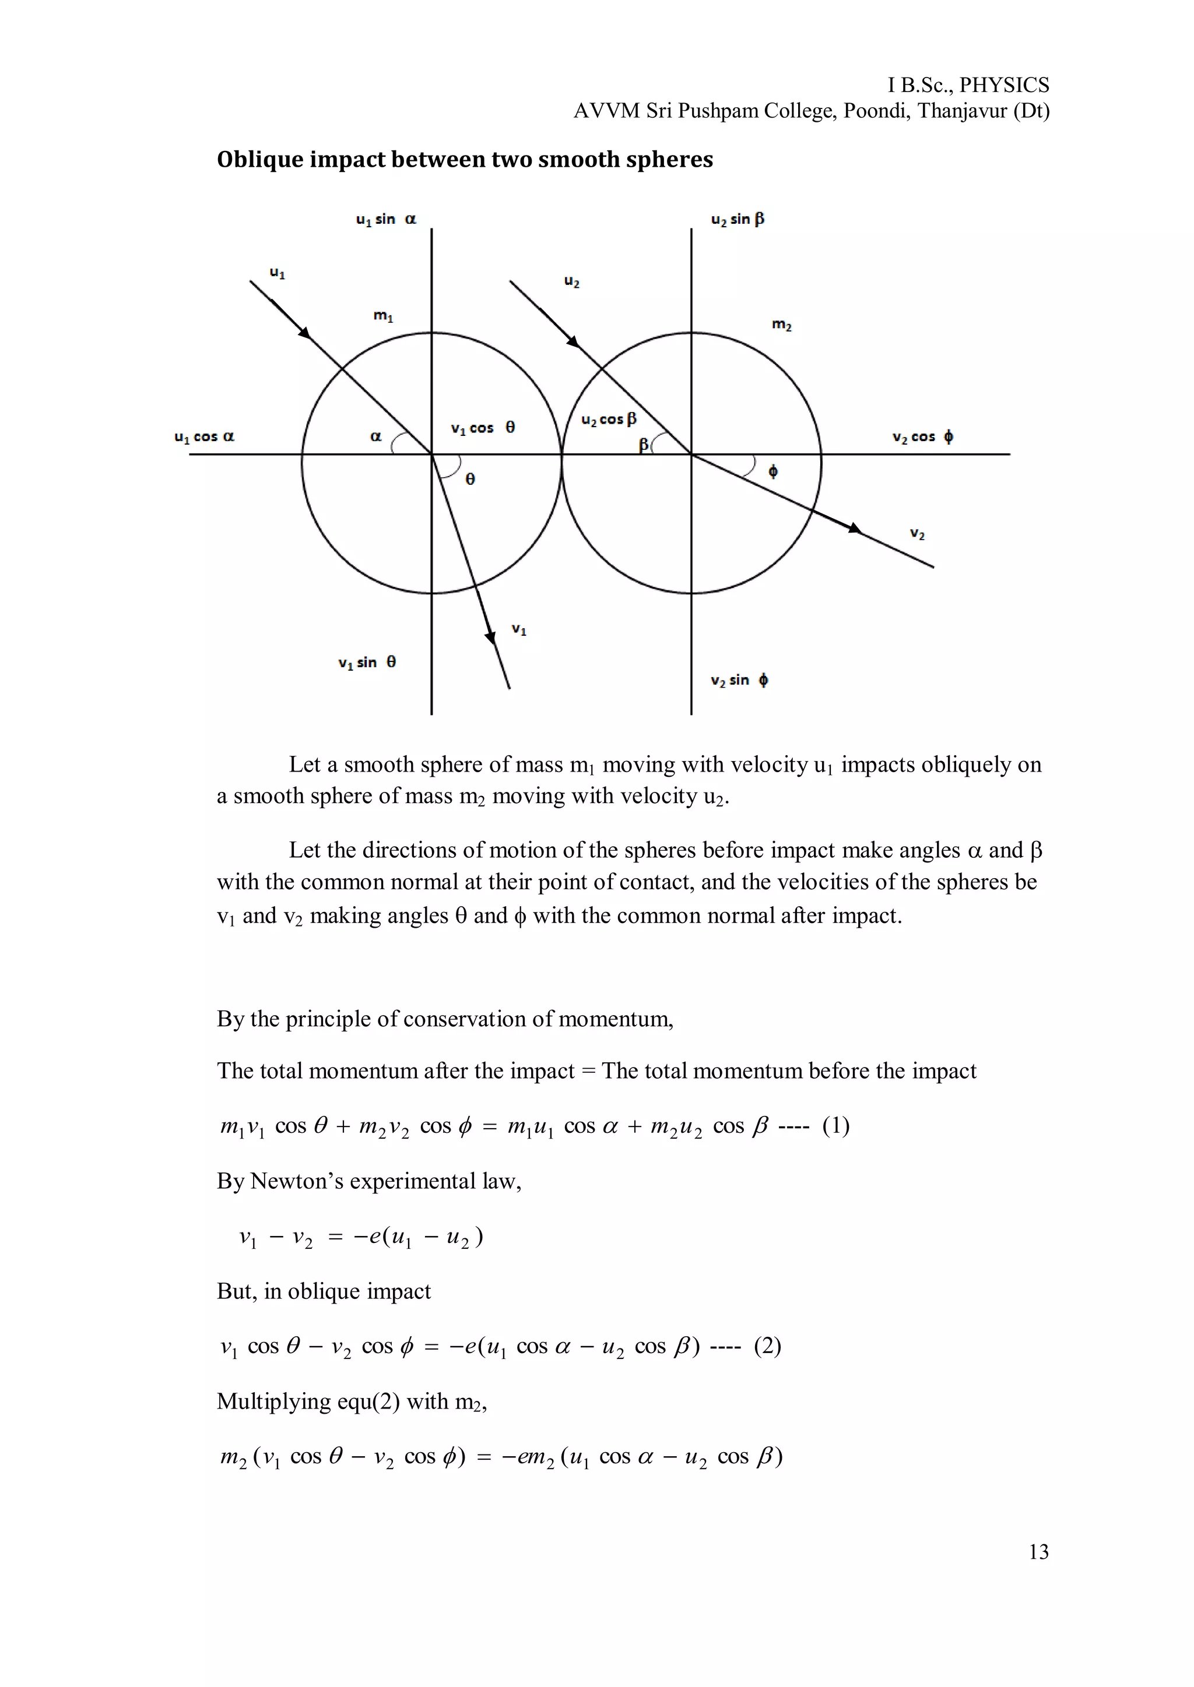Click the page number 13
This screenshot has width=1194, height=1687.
(1038, 1551)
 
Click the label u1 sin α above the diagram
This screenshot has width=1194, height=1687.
(385, 219)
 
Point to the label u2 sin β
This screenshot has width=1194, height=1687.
(737, 219)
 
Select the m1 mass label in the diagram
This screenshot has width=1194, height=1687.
(383, 316)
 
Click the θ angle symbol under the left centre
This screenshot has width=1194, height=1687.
(470, 479)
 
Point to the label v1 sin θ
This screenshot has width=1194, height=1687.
(367, 663)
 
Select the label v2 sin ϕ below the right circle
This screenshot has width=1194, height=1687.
(739, 681)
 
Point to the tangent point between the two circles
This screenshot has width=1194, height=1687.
(561, 454)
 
